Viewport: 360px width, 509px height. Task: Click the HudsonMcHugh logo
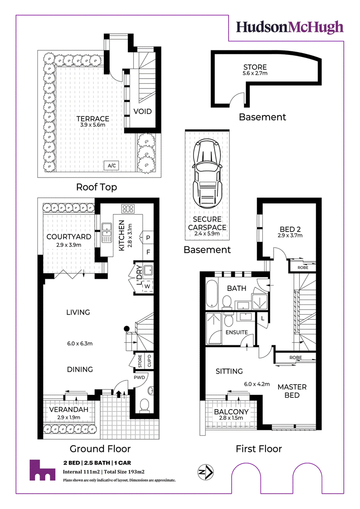tap(289, 27)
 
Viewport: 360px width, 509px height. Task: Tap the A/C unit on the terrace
tap(112, 165)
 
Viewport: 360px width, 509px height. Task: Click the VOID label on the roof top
tap(143, 112)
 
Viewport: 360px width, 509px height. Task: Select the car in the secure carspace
tap(207, 174)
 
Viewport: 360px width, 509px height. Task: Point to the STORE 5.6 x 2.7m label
tap(255, 69)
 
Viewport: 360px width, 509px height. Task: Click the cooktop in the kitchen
tap(128, 209)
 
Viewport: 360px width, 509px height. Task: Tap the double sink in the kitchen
tap(107, 232)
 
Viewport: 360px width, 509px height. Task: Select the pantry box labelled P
tap(148, 237)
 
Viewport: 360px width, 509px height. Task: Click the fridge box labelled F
tap(148, 252)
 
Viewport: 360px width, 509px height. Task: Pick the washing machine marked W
tap(148, 286)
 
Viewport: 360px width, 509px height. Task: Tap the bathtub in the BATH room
tap(211, 293)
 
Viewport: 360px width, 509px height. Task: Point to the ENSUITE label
tap(237, 332)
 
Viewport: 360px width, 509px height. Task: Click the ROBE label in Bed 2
tap(303, 268)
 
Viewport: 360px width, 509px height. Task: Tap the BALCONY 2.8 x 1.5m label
tap(231, 414)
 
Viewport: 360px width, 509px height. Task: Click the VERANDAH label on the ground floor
tap(69, 410)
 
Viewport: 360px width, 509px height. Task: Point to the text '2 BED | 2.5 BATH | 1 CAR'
tap(97, 463)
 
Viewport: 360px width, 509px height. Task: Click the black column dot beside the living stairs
tap(127, 329)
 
